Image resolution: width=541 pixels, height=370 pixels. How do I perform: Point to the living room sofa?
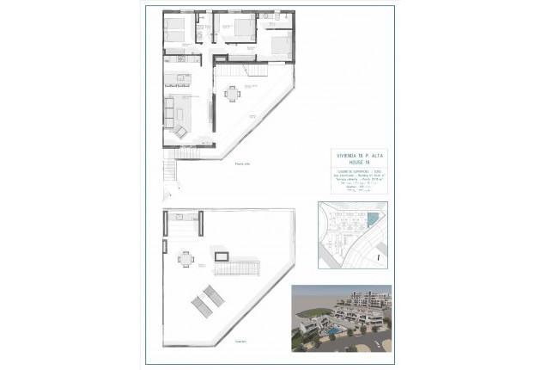[168, 113]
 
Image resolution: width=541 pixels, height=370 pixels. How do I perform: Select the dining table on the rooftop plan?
[185, 257]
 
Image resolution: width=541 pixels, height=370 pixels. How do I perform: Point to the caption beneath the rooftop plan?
[239, 341]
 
